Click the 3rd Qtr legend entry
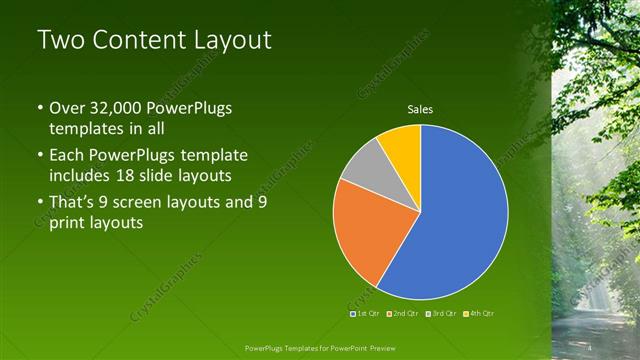(x=441, y=313)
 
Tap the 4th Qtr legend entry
(x=479, y=313)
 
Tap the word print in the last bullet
(x=70, y=223)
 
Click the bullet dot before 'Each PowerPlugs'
(x=40, y=156)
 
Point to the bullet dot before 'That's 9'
(x=40, y=203)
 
